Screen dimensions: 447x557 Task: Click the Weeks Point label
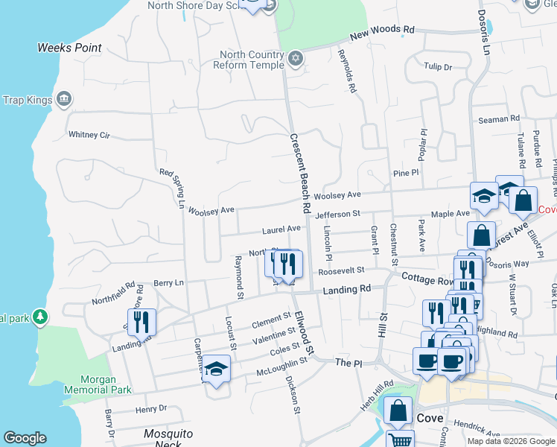point(69,48)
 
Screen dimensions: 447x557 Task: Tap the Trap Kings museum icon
point(63,99)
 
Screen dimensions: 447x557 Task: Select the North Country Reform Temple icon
point(296,58)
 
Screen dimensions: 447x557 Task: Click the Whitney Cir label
point(89,135)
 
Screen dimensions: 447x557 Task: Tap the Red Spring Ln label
point(172,188)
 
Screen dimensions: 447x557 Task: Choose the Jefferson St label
point(337,214)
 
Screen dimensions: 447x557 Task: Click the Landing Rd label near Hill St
point(347,288)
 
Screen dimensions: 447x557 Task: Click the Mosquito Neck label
point(168,439)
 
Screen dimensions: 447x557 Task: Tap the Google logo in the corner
point(25,438)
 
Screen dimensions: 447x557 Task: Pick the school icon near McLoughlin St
point(216,370)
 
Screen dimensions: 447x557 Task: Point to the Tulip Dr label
point(438,67)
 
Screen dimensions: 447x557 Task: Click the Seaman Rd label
point(498,119)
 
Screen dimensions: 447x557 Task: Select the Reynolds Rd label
point(347,71)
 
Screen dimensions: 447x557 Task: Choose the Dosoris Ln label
point(486,29)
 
